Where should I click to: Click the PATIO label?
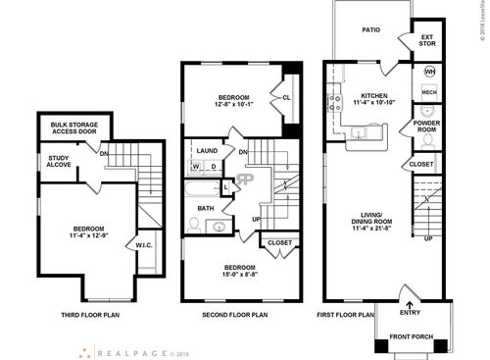point(369,30)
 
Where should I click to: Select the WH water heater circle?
point(429,73)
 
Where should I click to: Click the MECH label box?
point(428,92)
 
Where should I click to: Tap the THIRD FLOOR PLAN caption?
point(90,315)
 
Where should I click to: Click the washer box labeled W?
point(196,166)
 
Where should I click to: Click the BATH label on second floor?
point(206,208)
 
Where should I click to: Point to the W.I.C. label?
point(143,245)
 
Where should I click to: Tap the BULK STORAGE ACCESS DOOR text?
point(72,128)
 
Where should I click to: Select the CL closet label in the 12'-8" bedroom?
point(287,98)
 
